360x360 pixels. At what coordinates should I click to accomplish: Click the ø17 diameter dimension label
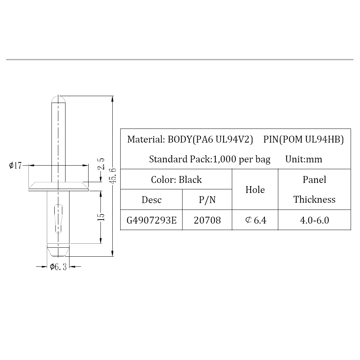[15, 165]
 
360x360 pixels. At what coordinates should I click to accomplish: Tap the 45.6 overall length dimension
[113, 176]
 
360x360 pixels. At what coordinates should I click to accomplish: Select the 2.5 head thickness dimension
[101, 164]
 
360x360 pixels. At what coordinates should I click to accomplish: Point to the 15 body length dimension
[101, 217]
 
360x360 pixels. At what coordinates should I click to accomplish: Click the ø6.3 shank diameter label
[58, 267]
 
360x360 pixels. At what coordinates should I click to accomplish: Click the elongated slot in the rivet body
[59, 219]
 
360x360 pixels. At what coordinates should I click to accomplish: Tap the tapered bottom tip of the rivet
[58, 252]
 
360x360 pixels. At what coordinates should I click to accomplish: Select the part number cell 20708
[207, 220]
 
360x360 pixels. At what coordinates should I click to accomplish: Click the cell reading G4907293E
[152, 220]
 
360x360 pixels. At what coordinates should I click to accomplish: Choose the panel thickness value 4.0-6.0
[314, 220]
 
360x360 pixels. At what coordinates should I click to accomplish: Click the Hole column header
[255, 190]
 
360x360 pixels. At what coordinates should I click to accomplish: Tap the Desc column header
[152, 200]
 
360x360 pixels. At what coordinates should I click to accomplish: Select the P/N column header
[207, 200]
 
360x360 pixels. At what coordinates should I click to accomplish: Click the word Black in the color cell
[190, 180]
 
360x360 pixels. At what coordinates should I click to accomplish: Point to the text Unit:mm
[303, 159]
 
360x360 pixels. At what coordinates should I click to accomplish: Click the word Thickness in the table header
[314, 199]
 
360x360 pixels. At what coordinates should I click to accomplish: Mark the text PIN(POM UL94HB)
[303, 139]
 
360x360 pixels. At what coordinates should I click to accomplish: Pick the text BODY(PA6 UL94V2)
[210, 139]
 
